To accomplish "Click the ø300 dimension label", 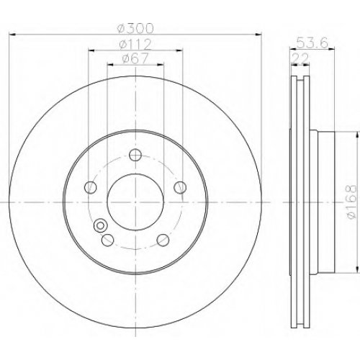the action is pos(135,28).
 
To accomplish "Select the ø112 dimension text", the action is pos(135,45).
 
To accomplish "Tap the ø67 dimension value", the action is pos(135,58).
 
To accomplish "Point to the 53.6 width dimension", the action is pos(312,43).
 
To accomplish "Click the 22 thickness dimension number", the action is pos(300,58).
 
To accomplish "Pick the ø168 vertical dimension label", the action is pos(351,202).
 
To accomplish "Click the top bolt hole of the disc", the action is pos(135,155).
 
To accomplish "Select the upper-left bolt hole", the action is pos(91,187).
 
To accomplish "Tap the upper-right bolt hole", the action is pos(180,187).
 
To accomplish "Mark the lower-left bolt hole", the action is pos(107,240).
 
